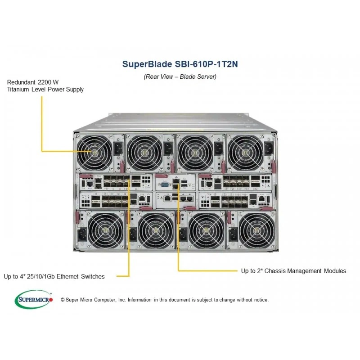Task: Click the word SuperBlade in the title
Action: (147, 64)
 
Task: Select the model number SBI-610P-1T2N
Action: (206, 64)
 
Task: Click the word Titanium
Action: (18, 89)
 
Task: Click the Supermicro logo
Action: (33, 299)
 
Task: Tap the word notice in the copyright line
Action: (261, 300)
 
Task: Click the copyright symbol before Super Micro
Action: (63, 300)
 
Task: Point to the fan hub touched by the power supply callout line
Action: (94, 152)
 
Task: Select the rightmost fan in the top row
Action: (245, 153)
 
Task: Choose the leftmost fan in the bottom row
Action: (105, 230)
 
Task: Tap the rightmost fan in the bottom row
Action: (256, 230)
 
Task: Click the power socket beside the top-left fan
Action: (118, 148)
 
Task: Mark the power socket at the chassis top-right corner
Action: (269, 148)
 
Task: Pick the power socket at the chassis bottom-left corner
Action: (82, 234)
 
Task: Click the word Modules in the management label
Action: (335, 271)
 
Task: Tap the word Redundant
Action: (21, 82)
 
